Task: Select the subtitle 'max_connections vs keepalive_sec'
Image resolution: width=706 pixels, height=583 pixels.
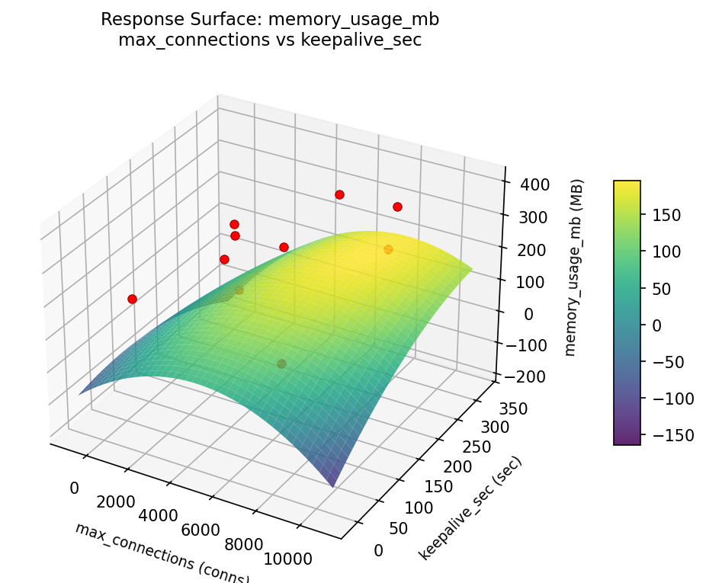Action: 269,40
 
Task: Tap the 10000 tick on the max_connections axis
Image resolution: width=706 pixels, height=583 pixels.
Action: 288,559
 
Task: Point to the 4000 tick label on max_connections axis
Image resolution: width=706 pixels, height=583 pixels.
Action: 159,515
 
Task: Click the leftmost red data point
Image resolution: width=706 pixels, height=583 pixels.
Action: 132,299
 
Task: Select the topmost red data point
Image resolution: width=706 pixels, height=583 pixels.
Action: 339,194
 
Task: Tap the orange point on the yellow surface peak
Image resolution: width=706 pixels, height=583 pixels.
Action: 388,249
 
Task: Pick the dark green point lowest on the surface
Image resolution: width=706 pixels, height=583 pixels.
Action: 281,364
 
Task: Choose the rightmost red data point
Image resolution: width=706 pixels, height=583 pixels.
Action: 397,207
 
